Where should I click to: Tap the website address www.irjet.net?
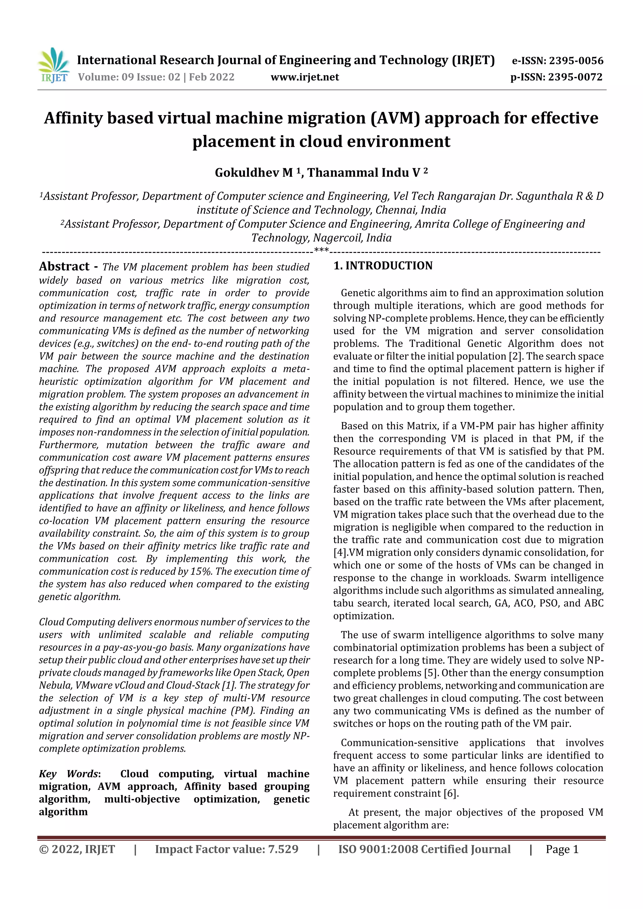[x=305, y=77]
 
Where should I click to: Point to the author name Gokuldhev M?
[x=254, y=173]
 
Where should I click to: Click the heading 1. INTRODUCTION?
[x=383, y=266]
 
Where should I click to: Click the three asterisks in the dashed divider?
[x=321, y=250]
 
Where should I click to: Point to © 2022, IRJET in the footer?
[x=77, y=849]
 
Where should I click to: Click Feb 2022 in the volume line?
[x=212, y=77]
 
